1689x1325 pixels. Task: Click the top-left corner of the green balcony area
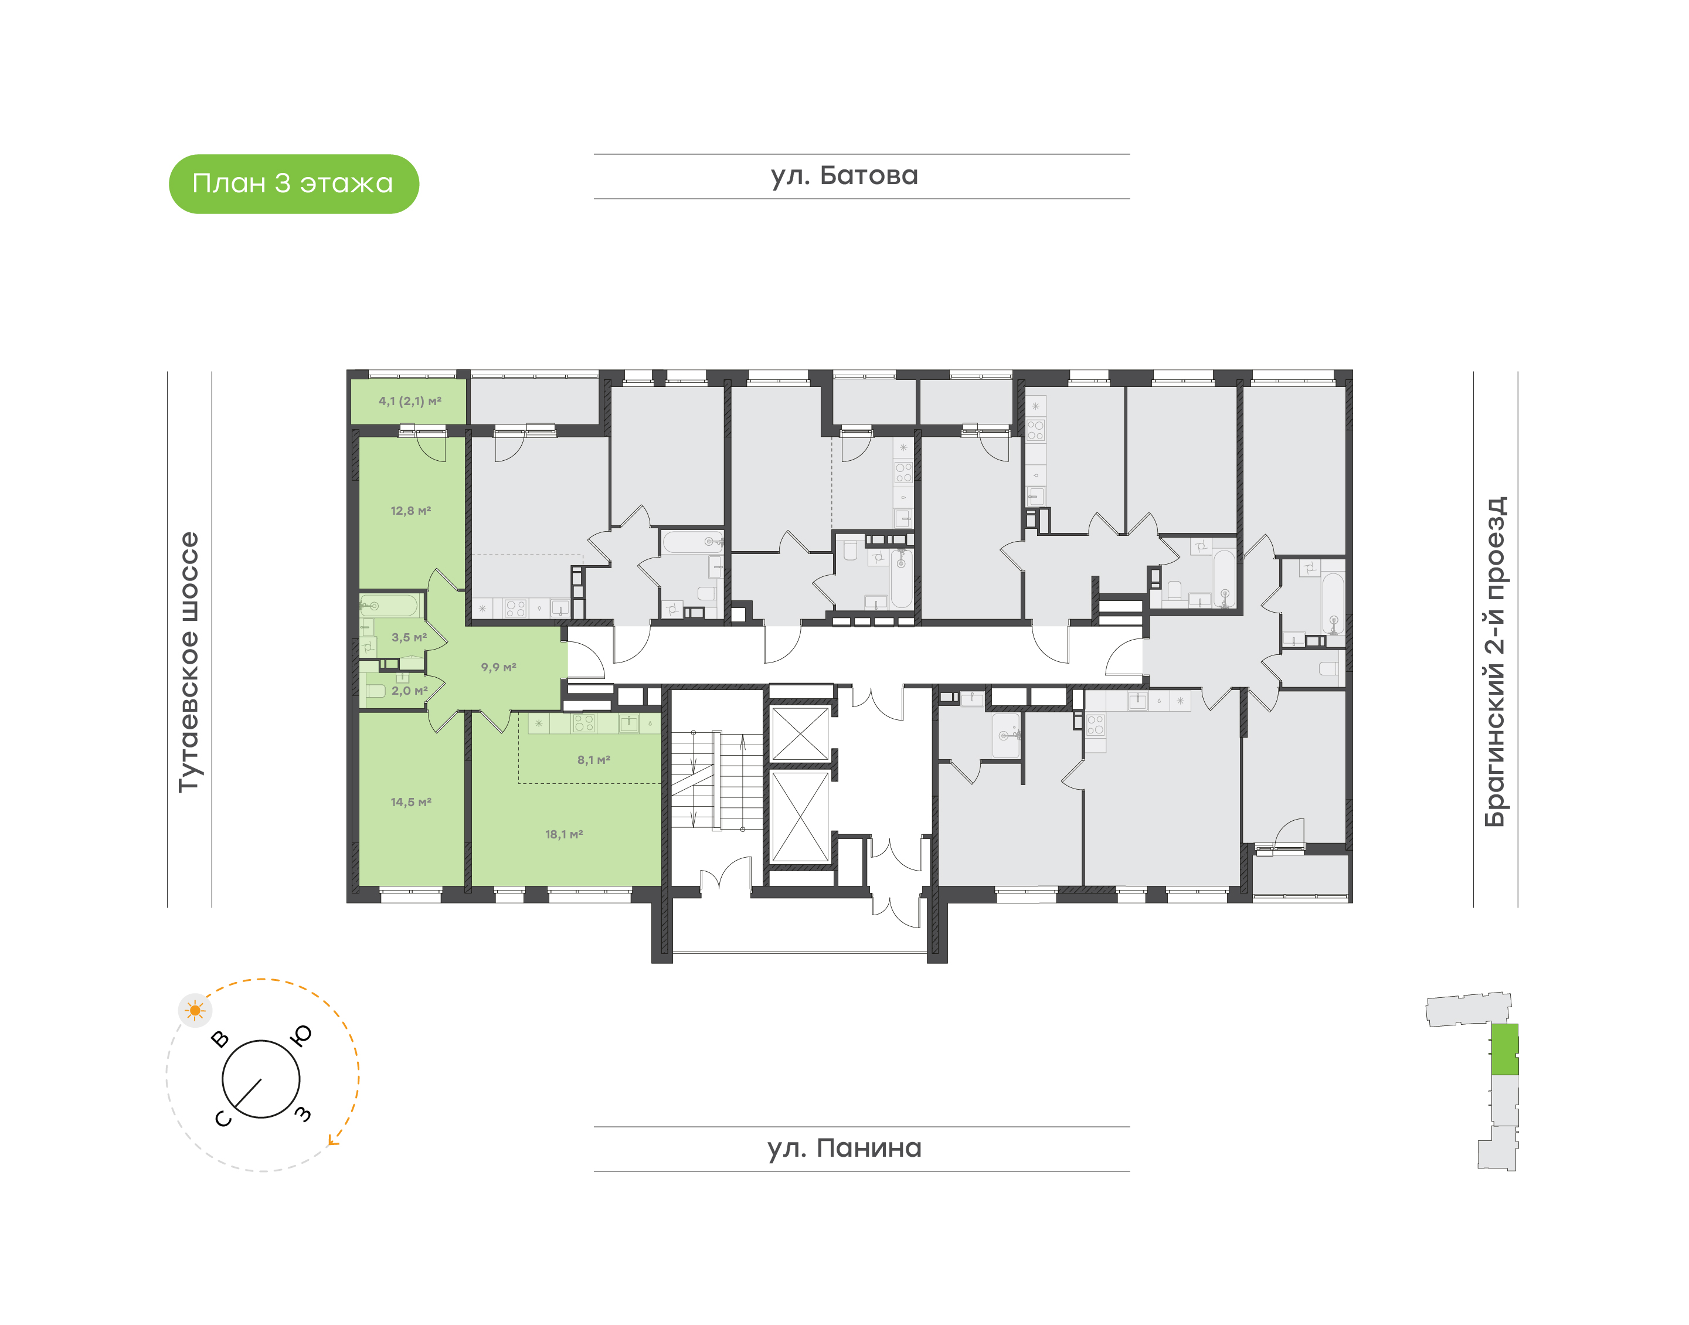point(351,379)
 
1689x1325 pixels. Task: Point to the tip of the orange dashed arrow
point(329,1143)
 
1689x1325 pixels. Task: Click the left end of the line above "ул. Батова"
point(594,154)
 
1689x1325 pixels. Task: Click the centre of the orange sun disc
point(195,1011)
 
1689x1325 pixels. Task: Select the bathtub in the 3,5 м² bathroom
point(389,605)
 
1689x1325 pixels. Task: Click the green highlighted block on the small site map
point(1504,1049)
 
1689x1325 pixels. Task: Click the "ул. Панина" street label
point(844,1148)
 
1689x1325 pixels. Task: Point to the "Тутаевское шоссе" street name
point(189,662)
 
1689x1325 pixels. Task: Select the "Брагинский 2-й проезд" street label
point(1495,662)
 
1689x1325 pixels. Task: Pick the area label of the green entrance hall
point(499,667)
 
